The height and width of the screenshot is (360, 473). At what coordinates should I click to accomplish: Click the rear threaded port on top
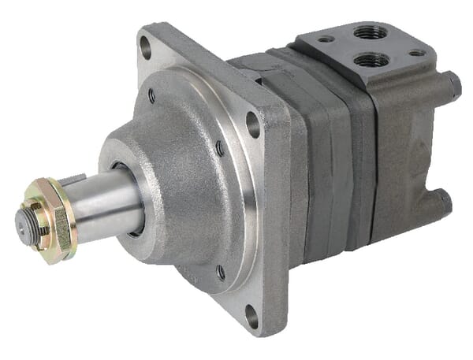tap(370, 33)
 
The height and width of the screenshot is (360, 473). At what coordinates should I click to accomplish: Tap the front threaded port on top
tap(370, 60)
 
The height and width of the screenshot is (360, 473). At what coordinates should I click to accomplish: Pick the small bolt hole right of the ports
tap(416, 53)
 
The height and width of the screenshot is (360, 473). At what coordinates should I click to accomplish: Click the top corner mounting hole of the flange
tap(146, 47)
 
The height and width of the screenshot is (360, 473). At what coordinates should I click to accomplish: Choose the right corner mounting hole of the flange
tap(252, 124)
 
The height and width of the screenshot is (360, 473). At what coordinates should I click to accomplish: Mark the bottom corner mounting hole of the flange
tap(251, 316)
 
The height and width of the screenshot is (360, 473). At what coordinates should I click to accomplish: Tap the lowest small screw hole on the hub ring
tap(221, 273)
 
